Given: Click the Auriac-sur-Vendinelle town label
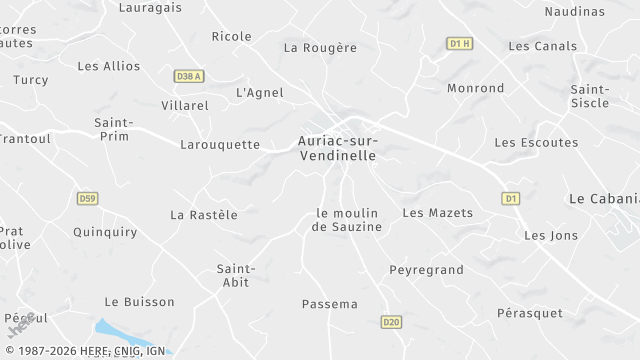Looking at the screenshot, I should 337,149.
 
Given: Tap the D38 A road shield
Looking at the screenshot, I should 188,76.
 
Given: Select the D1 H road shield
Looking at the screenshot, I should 459,43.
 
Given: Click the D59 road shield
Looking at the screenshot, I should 87,198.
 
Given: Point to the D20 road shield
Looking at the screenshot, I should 391,321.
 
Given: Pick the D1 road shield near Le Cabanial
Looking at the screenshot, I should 511,198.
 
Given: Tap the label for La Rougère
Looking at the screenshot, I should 320,47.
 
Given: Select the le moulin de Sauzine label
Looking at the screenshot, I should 348,220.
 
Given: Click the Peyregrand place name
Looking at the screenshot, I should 426,270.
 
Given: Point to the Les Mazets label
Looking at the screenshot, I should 437,213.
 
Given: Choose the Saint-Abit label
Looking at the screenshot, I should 237,275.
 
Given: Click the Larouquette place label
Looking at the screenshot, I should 219,145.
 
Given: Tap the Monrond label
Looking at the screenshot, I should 476,88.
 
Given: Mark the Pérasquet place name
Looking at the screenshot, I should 530,313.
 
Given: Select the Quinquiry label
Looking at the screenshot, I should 105,232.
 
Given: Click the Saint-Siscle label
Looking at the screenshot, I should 590,96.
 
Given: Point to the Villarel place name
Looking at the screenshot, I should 185,105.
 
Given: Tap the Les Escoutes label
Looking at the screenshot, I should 536,143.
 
